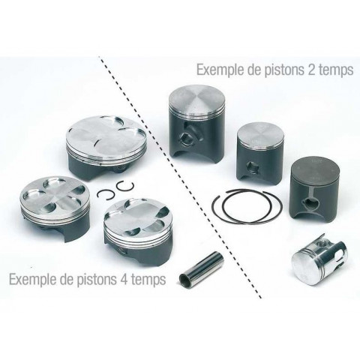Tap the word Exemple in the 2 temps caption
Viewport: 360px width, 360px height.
tap(217, 70)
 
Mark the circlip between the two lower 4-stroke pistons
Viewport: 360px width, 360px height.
tap(109, 193)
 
